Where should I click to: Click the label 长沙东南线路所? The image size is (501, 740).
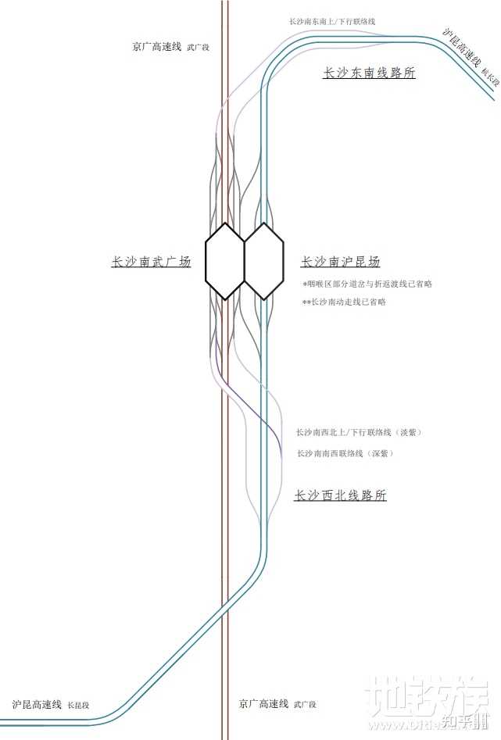pos(369,73)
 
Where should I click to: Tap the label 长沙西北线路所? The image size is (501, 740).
pos(340,495)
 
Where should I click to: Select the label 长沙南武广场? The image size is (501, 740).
pos(151,263)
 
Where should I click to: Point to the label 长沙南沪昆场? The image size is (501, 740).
pos(341,262)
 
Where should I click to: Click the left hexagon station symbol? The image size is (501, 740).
pos(225,261)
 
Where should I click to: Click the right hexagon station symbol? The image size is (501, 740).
pos(263,261)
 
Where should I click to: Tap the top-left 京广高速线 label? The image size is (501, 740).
pos(158,47)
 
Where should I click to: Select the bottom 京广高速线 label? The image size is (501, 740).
pos(264,704)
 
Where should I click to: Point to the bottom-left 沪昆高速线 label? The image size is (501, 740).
pos(37,704)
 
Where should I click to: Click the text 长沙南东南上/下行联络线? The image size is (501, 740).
pos(337,22)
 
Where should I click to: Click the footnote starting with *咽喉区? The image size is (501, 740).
pos(367,284)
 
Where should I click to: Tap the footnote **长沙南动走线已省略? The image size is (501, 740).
pos(344,302)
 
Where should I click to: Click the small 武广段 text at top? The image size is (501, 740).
pos(199,48)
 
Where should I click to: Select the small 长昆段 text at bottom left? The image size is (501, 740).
pos(78,706)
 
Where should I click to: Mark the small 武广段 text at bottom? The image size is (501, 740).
pos(305,706)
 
